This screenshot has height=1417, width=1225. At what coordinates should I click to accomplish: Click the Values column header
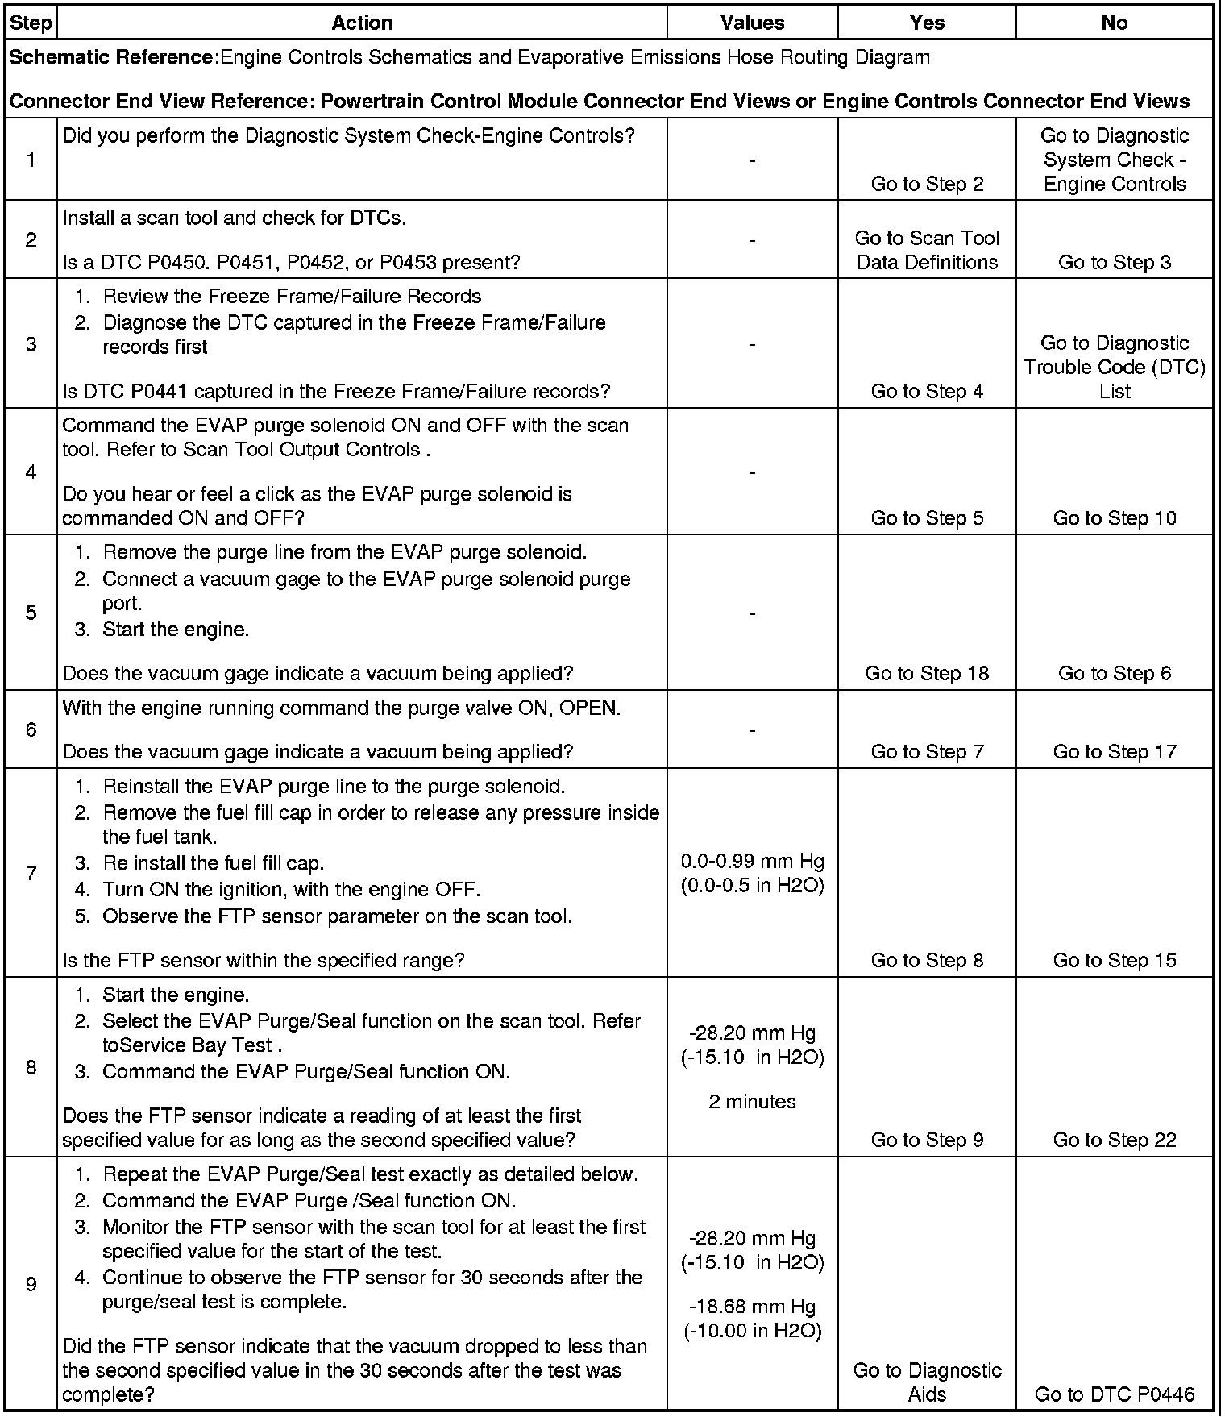pyautogui.click(x=752, y=23)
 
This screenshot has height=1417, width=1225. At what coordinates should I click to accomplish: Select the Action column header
pyautogui.click(x=362, y=23)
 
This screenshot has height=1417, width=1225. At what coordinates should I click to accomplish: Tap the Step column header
pyautogui.click(x=31, y=23)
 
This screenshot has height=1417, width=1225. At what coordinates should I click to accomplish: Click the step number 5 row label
pyautogui.click(x=31, y=613)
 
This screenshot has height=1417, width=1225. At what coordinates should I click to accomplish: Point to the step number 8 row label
pyautogui.click(x=31, y=1067)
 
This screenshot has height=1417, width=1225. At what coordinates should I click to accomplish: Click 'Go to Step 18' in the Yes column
pyautogui.click(x=927, y=673)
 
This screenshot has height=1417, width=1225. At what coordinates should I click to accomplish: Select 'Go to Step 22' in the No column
pyautogui.click(x=1115, y=1140)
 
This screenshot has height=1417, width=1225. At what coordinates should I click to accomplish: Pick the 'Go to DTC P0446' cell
pyautogui.click(x=1115, y=1394)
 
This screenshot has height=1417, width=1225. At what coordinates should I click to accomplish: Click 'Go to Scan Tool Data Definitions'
pyautogui.click(x=927, y=250)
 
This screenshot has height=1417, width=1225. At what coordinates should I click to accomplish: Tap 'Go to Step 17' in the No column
pyautogui.click(x=1115, y=751)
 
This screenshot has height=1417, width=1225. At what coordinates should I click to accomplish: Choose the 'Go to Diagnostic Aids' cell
pyautogui.click(x=927, y=1382)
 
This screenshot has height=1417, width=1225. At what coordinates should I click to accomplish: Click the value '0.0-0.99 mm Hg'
pyautogui.click(x=752, y=862)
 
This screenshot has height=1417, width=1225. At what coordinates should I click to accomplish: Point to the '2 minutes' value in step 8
pyautogui.click(x=752, y=1102)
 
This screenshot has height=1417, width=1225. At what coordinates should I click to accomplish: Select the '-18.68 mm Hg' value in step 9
pyautogui.click(x=752, y=1307)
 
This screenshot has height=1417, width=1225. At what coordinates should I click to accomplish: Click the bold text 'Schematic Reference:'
pyautogui.click(x=113, y=57)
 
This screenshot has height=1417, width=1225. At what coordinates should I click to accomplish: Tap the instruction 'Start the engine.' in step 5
pyautogui.click(x=176, y=630)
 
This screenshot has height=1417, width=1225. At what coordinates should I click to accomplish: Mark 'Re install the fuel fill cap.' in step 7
pyautogui.click(x=213, y=863)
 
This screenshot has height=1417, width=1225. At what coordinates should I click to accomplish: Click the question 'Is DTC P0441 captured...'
pyautogui.click(x=336, y=392)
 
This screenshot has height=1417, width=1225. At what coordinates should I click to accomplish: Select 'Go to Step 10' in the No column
pyautogui.click(x=1115, y=518)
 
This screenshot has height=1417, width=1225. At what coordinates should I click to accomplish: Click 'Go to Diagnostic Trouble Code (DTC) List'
pyautogui.click(x=1115, y=367)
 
